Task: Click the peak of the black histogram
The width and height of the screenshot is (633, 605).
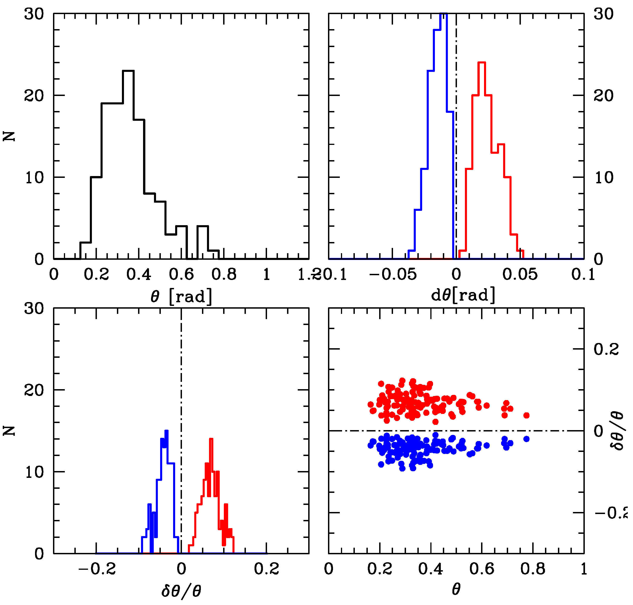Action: [128, 71]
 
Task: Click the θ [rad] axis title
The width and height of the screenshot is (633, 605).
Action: [181, 296]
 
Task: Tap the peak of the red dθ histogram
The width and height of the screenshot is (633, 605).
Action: [482, 63]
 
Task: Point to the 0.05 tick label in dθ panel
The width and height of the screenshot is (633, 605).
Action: [520, 275]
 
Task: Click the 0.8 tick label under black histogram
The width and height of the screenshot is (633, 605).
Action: [224, 275]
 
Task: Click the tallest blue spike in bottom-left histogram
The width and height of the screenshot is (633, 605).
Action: [166, 431]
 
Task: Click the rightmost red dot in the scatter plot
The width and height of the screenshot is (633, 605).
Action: [526, 415]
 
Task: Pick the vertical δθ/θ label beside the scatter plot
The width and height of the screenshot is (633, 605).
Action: [618, 431]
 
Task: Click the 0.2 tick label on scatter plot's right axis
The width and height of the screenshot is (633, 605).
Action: [606, 349]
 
